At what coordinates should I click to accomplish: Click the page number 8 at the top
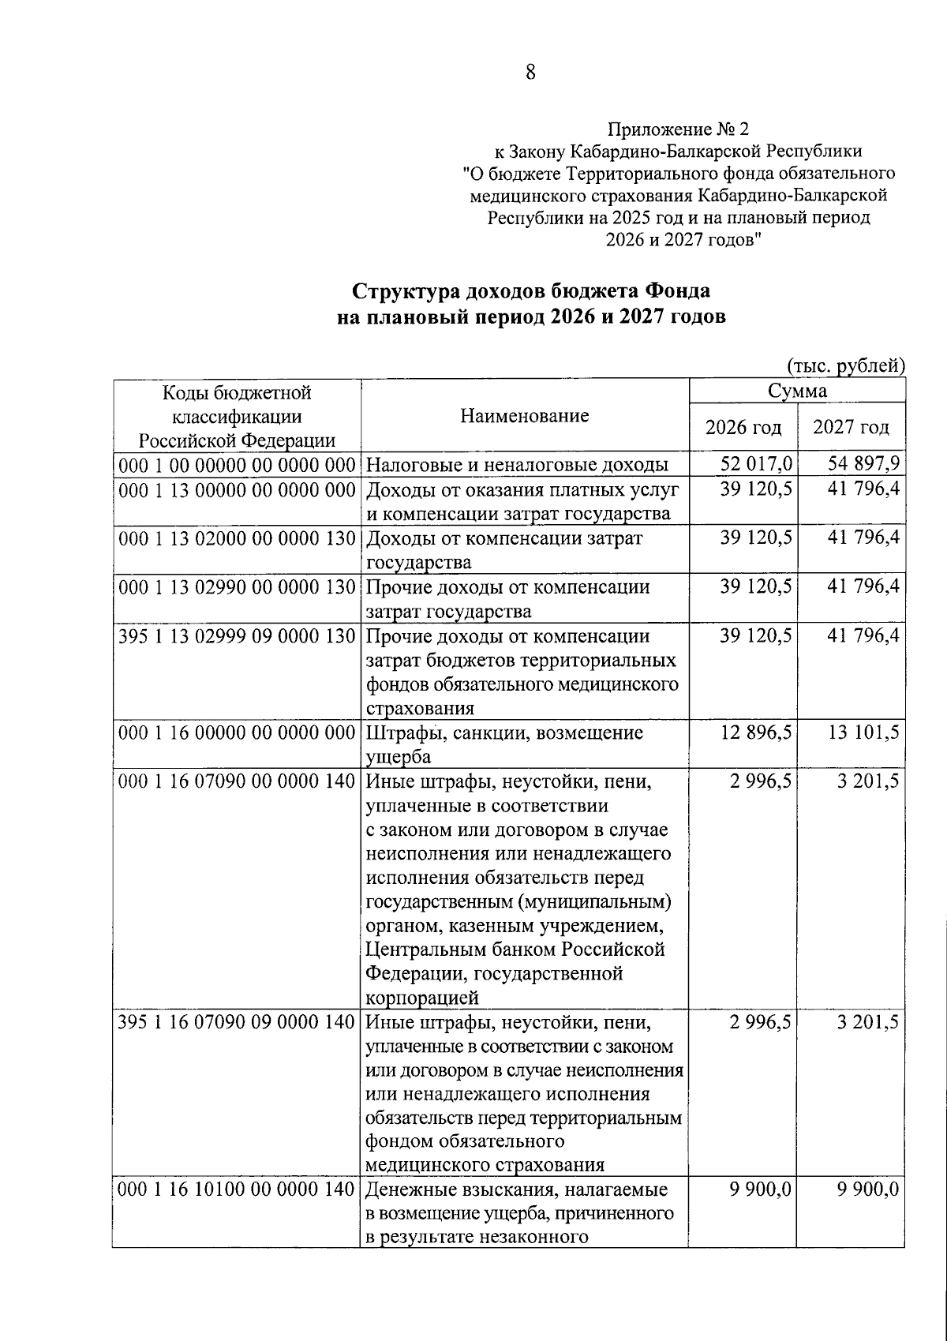click(530, 73)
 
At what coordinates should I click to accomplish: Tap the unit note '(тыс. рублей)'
click(845, 365)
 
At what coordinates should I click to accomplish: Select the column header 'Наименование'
click(525, 415)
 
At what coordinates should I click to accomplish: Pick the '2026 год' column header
click(743, 427)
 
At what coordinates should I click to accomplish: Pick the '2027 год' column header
click(851, 427)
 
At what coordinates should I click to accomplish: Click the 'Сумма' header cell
click(797, 391)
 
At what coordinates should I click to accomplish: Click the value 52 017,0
click(756, 463)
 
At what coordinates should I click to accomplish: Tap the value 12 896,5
click(756, 733)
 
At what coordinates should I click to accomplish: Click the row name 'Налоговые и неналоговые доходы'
click(518, 464)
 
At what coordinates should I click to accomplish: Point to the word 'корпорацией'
click(423, 998)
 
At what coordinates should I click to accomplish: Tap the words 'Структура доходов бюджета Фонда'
click(530, 290)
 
